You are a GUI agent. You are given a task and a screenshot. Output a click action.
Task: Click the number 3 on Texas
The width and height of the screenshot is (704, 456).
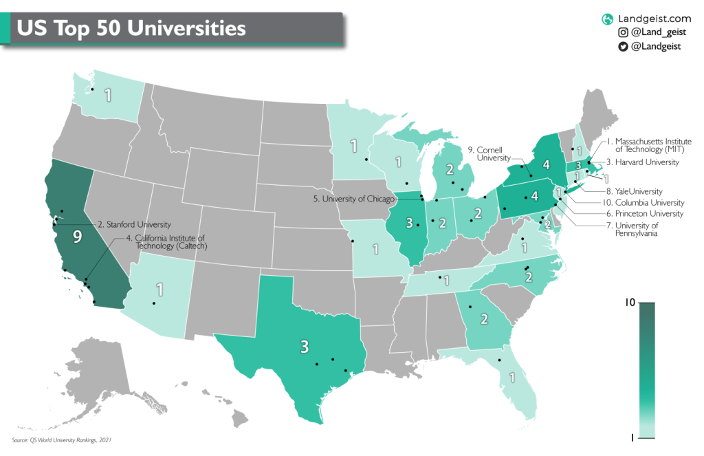[303, 346]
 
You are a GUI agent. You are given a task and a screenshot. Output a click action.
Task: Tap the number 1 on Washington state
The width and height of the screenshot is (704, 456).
[108, 95]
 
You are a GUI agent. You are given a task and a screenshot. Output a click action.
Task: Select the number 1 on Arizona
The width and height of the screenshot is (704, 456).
[159, 289]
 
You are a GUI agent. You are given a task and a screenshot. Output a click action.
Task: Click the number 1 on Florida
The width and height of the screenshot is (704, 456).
[511, 378]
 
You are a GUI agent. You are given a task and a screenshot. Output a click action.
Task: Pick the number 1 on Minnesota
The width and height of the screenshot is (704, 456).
[354, 146]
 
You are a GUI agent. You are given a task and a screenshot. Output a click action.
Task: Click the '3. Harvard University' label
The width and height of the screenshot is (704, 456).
[646, 162]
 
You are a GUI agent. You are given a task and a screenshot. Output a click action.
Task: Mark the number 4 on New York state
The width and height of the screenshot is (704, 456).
[546, 165]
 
